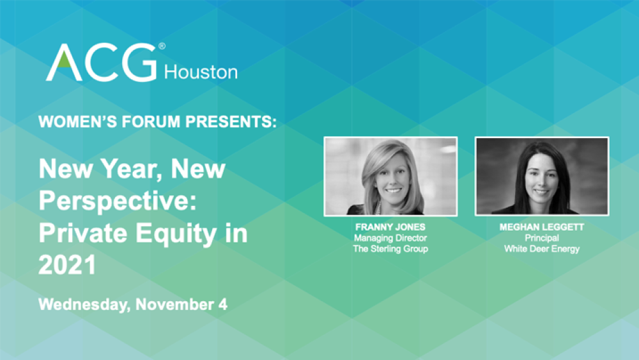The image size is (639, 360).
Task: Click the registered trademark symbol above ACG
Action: (162, 46)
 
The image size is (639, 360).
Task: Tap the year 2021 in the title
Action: (67, 264)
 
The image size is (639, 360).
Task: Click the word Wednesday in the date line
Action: (84, 304)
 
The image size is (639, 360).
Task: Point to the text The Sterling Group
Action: (390, 249)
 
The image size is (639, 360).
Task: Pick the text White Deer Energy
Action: (541, 249)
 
